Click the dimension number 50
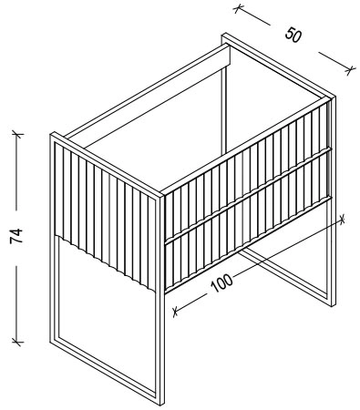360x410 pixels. click(x=293, y=35)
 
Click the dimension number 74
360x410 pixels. click(x=16, y=236)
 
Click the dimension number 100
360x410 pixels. click(x=221, y=283)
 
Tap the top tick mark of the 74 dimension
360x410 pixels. click(x=17, y=134)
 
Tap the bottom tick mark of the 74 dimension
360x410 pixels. click(x=17, y=342)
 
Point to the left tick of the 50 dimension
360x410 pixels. click(x=239, y=8)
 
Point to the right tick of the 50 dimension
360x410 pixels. click(x=350, y=70)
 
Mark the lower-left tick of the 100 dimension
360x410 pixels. click(x=175, y=312)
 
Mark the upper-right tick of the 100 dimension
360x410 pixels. click(x=342, y=219)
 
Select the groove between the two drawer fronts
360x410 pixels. click(x=247, y=196)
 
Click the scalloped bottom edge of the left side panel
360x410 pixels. click(x=106, y=262)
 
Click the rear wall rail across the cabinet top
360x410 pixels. click(x=146, y=91)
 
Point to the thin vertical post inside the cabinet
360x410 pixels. click(x=224, y=111)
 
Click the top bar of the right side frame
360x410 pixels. click(x=279, y=66)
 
